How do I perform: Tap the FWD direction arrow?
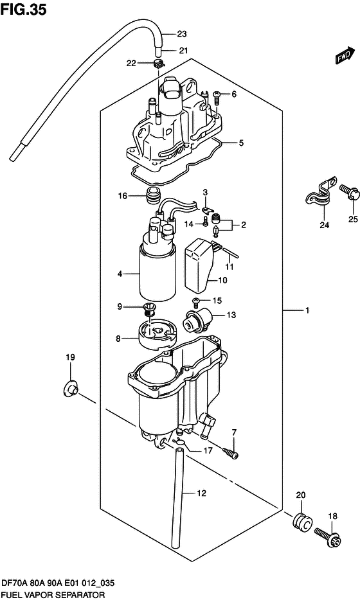click(344, 55)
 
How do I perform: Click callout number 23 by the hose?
click(182, 34)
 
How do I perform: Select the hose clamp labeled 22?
click(158, 64)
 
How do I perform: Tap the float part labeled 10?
click(200, 263)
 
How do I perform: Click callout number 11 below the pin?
click(230, 267)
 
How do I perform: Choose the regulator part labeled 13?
click(197, 322)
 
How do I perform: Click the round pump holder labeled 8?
click(155, 336)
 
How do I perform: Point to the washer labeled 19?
click(69, 388)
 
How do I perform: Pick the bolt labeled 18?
click(326, 536)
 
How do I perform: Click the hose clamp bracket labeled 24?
click(321, 197)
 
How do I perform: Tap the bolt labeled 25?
click(349, 193)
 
